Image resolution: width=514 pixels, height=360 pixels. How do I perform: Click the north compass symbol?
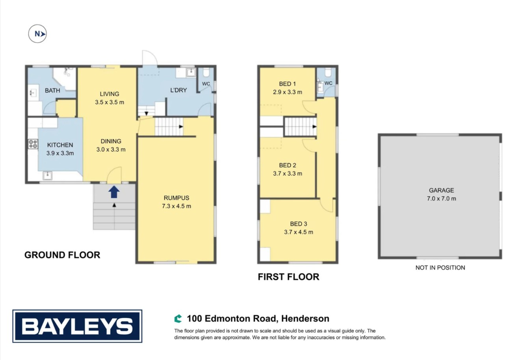37,34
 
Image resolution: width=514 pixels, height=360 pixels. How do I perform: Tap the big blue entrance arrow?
114,192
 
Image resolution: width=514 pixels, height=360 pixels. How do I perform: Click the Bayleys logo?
77,326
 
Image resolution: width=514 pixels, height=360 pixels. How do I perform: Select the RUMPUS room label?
177,198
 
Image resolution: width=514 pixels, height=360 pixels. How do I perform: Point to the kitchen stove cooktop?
33,144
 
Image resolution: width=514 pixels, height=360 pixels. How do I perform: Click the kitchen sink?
48,175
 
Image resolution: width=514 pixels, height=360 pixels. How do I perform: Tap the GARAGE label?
441,190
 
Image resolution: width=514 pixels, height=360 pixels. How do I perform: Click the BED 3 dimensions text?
298,232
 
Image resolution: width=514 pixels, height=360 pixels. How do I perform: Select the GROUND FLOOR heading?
62,255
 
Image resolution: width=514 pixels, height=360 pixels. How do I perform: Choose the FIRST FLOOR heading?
289,277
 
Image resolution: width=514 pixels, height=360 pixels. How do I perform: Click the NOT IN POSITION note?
440,268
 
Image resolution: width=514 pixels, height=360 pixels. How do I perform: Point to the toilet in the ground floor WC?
206,72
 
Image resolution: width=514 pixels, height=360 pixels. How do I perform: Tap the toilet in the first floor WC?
328,72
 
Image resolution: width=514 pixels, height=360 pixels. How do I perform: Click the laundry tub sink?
191,73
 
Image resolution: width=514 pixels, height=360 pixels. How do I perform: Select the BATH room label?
52,90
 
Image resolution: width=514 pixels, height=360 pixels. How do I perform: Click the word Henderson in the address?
305,319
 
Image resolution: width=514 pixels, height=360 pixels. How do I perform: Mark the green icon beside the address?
178,319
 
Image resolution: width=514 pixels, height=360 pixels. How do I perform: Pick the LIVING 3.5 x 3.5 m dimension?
110,102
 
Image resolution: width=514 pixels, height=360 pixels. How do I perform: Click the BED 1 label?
287,84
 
